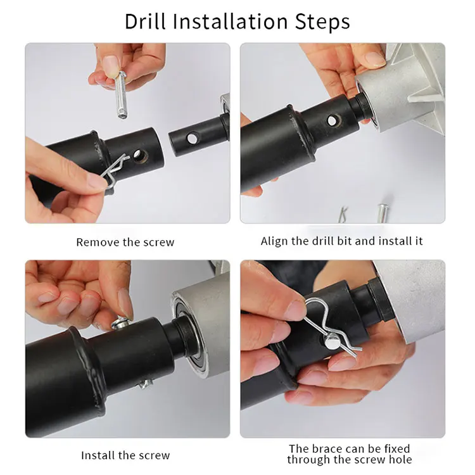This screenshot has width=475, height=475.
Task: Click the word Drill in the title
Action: [145, 21]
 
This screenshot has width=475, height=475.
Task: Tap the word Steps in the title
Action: [322, 22]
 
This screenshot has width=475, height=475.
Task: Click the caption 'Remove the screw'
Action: [125, 243]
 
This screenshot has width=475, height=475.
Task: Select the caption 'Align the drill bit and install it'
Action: [342, 241]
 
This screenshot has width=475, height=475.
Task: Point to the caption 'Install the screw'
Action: [125, 455]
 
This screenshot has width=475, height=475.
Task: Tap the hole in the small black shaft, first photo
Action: [192, 139]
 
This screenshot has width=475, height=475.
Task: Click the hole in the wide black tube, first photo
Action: [140, 156]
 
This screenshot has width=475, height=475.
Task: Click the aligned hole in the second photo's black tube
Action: [333, 121]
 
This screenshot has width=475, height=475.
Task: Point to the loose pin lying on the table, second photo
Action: [383, 213]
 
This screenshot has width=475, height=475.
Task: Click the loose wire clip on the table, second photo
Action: [343, 214]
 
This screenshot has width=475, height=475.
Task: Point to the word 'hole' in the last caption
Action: [399, 459]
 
